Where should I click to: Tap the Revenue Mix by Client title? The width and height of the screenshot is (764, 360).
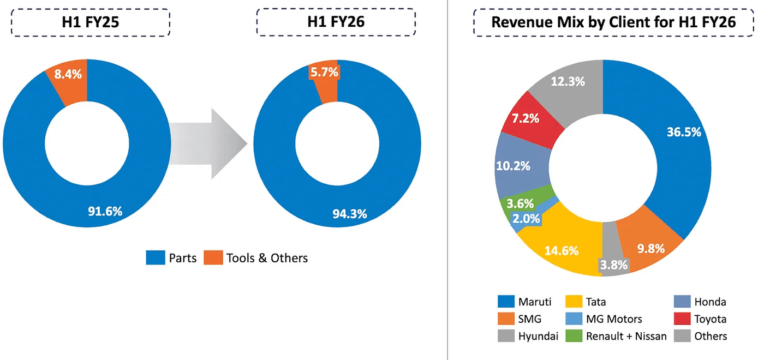click(x=614, y=22)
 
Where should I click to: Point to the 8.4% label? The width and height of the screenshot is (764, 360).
click(x=70, y=74)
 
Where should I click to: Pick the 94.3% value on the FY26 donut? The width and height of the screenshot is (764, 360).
click(x=350, y=213)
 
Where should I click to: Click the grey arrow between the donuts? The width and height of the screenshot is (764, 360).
click(x=207, y=143)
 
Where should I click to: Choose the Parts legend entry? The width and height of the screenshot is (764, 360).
click(x=172, y=258)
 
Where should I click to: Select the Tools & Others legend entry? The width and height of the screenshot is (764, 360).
click(x=256, y=258)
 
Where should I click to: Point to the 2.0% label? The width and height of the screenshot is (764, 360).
click(x=526, y=219)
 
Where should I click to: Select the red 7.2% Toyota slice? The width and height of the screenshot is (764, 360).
click(x=533, y=118)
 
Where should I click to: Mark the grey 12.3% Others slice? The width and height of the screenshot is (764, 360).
click(x=568, y=82)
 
